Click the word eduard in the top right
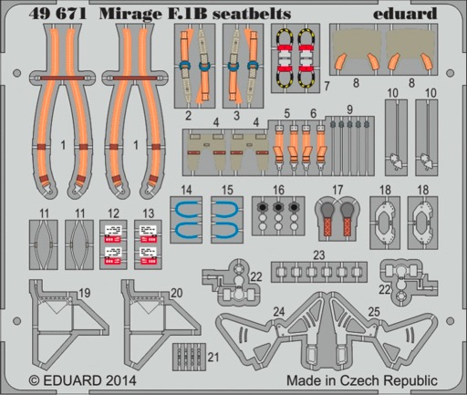coord(405,13)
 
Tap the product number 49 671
coord(57,14)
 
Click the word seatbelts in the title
coord(252,14)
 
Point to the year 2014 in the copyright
coord(119,380)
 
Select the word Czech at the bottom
coord(359,380)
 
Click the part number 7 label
coord(327,86)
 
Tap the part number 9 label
coord(349,109)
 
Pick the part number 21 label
coord(213,357)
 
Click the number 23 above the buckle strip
coord(319,255)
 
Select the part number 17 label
coord(337,190)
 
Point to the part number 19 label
coord(84,293)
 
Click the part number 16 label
coord(278,190)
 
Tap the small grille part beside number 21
coord(189,357)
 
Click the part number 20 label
coord(177,293)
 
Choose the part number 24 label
coord(279,312)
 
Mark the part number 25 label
coord(374,311)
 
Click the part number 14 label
coord(186,190)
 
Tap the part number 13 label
coord(149,213)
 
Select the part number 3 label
coord(236,116)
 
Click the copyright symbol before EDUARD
coord(35,381)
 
